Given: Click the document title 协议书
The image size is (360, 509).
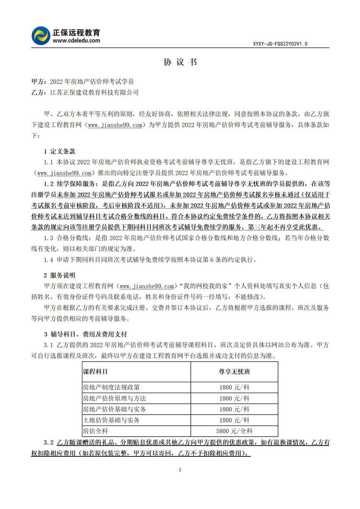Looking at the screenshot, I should coord(180,62).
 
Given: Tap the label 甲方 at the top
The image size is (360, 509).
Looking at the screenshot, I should coord(38,82).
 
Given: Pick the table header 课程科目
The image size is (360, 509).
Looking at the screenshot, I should coord(95,373).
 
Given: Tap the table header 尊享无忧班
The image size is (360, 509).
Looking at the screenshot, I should coord(234,373).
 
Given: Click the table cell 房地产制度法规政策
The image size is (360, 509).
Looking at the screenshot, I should coord(111,387).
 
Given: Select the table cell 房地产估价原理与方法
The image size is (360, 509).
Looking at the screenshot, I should coord(114,398).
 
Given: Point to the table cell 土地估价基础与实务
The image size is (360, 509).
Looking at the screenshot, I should coord(111,420).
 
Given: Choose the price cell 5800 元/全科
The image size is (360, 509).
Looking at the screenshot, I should coord(234,431).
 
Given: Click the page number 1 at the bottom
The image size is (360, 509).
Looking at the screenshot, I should coord(180,470).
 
